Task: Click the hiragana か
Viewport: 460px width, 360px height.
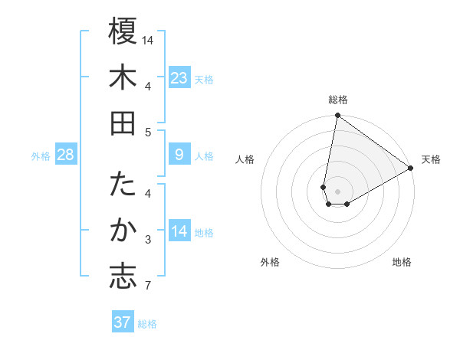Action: pyautogui.click(x=123, y=231)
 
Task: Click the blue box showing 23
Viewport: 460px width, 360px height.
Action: pyautogui.click(x=179, y=78)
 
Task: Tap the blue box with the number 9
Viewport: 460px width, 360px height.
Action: pyautogui.click(x=179, y=155)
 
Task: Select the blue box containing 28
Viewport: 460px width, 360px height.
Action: pyautogui.click(x=66, y=155)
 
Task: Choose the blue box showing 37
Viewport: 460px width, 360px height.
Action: pyautogui.click(x=123, y=322)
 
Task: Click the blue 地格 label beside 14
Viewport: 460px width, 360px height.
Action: pyautogui.click(x=205, y=233)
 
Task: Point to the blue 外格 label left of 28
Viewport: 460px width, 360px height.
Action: pyautogui.click(x=41, y=156)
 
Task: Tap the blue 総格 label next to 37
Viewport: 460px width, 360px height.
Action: pyautogui.click(x=147, y=324)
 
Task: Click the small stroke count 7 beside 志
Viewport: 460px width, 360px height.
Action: pyautogui.click(x=148, y=286)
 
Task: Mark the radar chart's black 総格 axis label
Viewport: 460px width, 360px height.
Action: pyautogui.click(x=337, y=100)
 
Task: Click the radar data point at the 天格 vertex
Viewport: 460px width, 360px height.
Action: pyautogui.click(x=411, y=169)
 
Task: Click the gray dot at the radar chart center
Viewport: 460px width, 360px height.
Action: pyautogui.click(x=338, y=191)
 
